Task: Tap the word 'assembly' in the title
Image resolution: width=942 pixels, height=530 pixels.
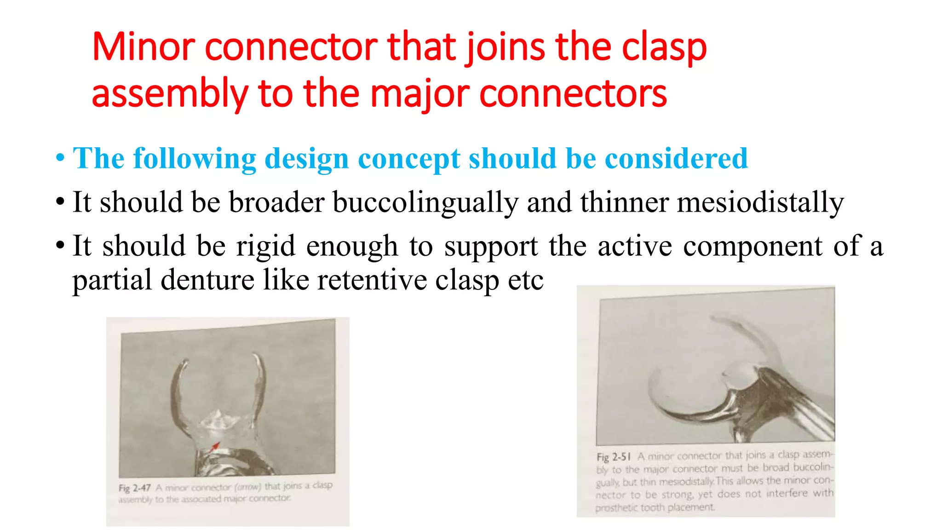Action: pyautogui.click(x=170, y=94)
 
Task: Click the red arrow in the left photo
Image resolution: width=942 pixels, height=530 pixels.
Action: pyautogui.click(x=215, y=446)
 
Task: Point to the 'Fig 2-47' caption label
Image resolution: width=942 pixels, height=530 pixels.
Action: pyautogui.click(x=134, y=488)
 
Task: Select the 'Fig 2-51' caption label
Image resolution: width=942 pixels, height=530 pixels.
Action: pyautogui.click(x=613, y=457)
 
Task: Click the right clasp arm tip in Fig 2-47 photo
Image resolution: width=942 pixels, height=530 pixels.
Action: pyautogui.click(x=255, y=355)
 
